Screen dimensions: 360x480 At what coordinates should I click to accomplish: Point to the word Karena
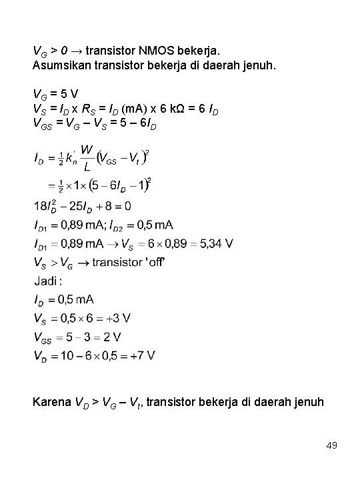click(51, 402)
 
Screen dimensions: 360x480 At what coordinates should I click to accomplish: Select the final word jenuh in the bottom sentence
click(307, 402)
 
